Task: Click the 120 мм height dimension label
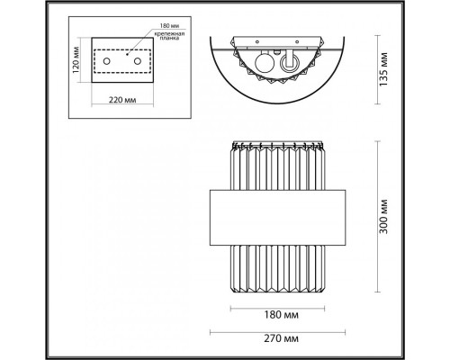point(77,60)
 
